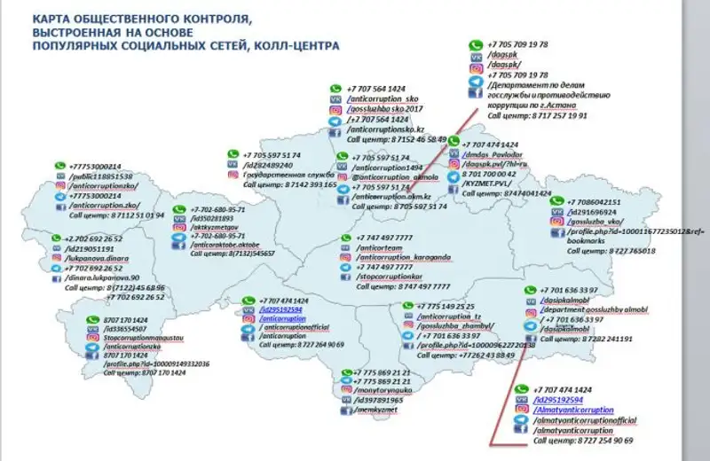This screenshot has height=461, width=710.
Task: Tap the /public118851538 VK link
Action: tap(99, 176)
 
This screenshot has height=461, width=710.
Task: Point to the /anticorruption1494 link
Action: tap(388, 167)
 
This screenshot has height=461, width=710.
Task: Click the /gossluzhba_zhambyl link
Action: tap(453, 326)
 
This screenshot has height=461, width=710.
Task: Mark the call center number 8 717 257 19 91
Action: tap(544, 115)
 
